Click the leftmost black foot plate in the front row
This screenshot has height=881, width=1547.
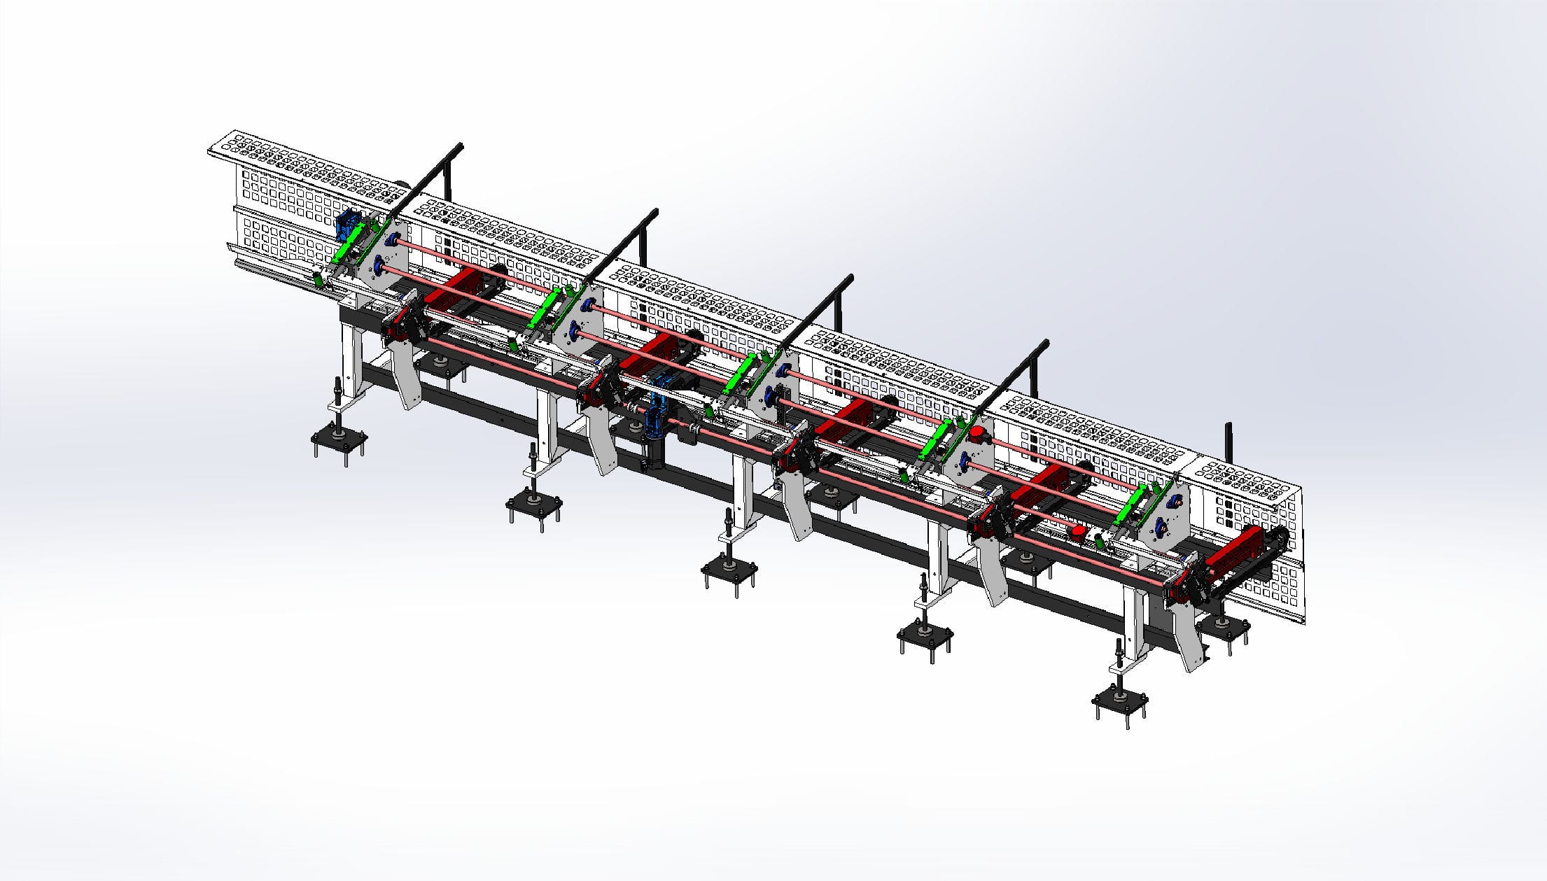pos(338,440)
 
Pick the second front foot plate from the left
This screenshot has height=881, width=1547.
pos(533,505)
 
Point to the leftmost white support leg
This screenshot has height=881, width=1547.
pos(351,364)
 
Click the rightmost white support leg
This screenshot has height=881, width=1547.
pos(1134,623)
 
